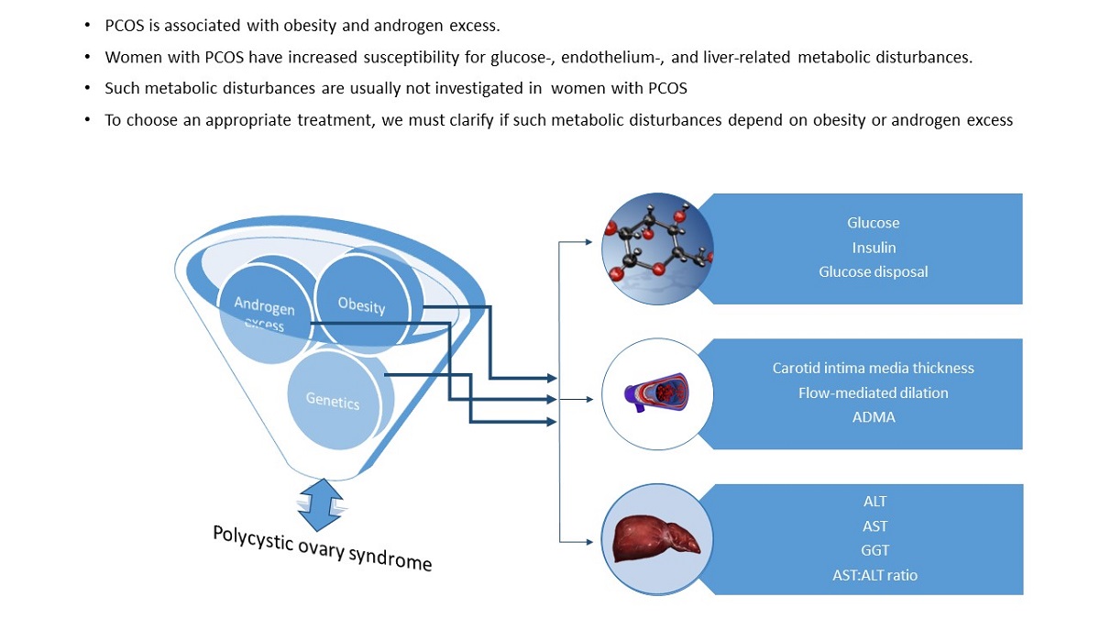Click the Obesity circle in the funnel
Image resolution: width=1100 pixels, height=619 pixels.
point(362,304)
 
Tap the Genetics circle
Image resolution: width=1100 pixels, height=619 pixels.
point(333,400)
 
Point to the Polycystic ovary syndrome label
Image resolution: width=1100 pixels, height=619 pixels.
point(322,547)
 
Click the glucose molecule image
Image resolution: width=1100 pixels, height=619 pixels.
point(657,249)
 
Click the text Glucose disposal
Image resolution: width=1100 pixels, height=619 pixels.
point(873,271)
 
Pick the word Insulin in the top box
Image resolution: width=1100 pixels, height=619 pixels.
point(873,248)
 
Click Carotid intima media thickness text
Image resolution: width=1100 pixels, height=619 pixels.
point(873,368)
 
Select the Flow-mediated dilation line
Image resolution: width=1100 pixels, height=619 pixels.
point(873,392)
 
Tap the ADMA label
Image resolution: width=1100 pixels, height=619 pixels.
point(873,417)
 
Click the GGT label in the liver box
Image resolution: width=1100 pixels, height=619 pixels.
point(874,550)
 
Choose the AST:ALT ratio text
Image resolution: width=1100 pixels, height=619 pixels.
point(874,575)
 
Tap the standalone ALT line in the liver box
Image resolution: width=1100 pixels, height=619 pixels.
point(874,502)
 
